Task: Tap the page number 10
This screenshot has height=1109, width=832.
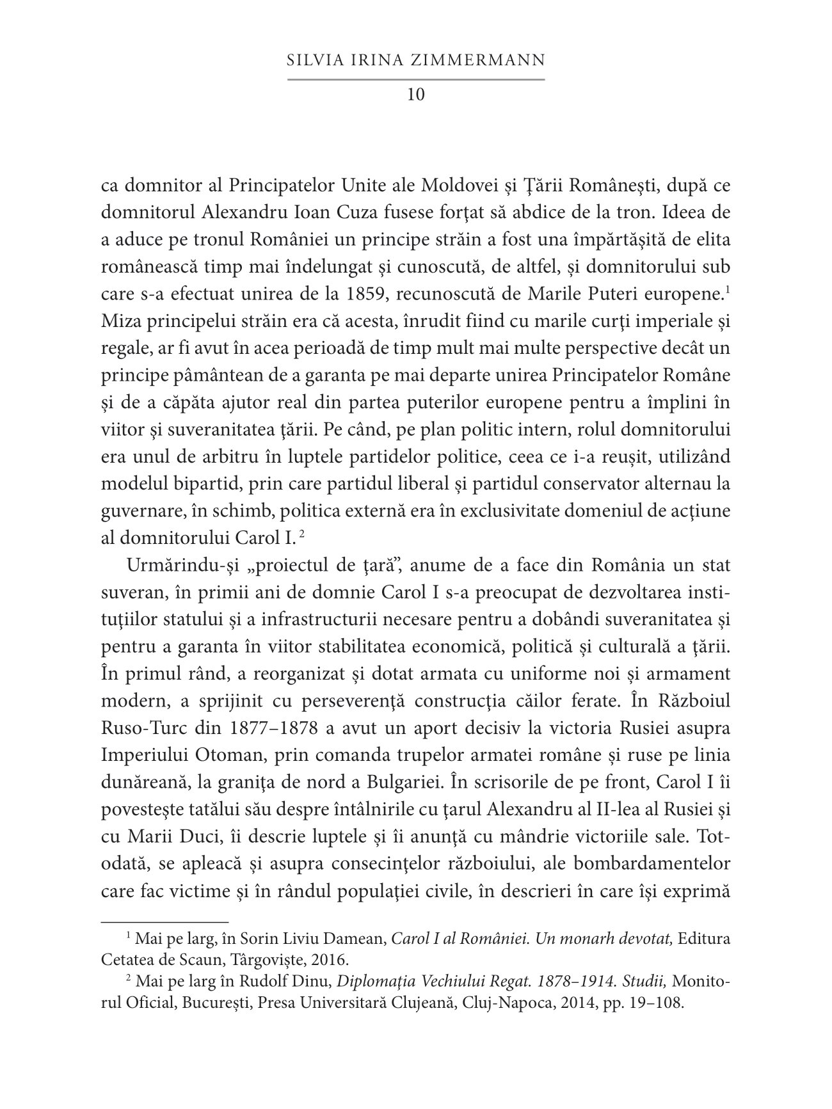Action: click(x=415, y=95)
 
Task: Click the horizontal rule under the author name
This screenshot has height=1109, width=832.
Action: click(x=415, y=79)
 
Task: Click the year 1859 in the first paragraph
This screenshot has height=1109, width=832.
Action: click(x=381, y=294)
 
